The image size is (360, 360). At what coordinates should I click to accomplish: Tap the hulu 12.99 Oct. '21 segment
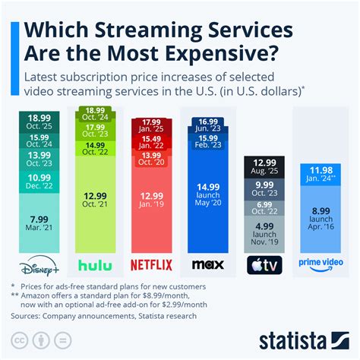pyautogui.click(x=96, y=201)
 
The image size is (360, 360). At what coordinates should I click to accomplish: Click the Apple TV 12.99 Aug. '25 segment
pyautogui.click(x=264, y=168)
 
